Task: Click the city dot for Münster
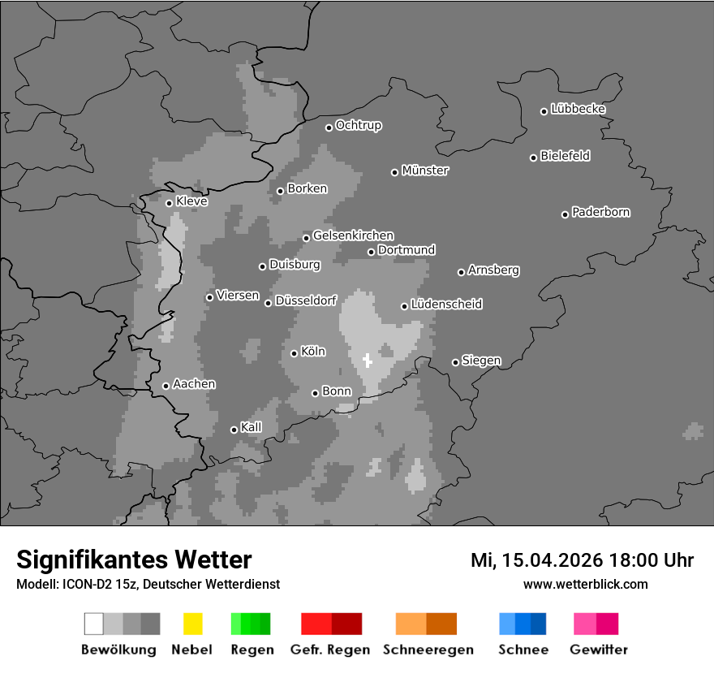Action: click(x=394, y=172)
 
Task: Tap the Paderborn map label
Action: click(x=600, y=213)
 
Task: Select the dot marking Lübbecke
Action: click(x=544, y=111)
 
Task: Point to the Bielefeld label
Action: click(x=565, y=156)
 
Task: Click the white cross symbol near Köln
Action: click(x=367, y=361)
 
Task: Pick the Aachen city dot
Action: click(x=166, y=386)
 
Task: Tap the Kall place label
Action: click(x=252, y=427)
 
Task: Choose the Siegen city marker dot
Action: click(x=455, y=362)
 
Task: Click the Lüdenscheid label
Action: click(x=446, y=305)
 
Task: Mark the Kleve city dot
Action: click(x=169, y=203)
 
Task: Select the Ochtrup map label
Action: click(x=358, y=126)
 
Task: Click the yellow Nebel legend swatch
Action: click(x=192, y=624)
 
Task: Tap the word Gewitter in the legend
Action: click(x=599, y=650)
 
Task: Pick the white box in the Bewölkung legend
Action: click(x=94, y=624)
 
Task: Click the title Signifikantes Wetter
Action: click(x=134, y=560)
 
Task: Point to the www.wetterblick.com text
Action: click(x=585, y=584)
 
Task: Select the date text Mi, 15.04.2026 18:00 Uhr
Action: click(x=582, y=560)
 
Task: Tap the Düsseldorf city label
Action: click(x=306, y=300)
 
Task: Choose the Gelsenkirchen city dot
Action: click(x=306, y=238)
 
